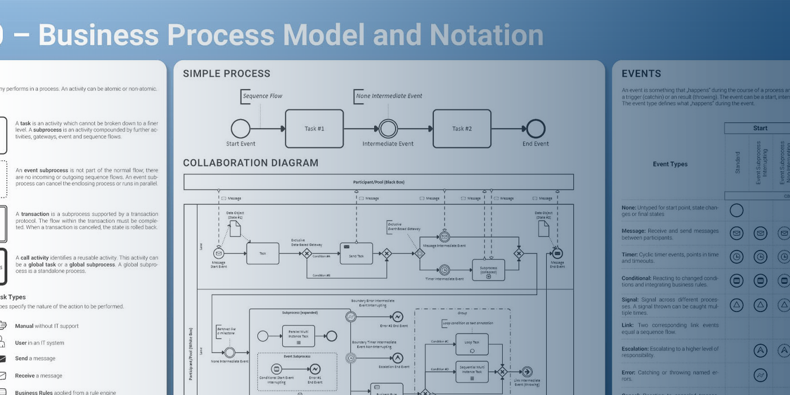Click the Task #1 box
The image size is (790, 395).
[314, 129]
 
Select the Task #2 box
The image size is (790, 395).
[462, 129]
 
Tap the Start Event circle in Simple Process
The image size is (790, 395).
[240, 129]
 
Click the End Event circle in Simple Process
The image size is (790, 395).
[536, 129]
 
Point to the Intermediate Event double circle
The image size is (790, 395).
[388, 129]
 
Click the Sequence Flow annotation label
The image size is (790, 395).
[262, 96]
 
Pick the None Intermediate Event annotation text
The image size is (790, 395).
[389, 96]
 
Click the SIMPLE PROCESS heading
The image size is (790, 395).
[226, 73]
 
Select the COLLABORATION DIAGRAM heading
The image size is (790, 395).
[251, 163]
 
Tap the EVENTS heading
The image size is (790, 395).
[641, 73]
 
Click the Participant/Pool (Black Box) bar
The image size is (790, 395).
[379, 182]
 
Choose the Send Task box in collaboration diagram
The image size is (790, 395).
[356, 253]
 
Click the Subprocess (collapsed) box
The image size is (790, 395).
[488, 270]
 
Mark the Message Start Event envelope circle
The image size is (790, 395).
[218, 253]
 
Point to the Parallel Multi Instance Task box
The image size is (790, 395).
[298, 336]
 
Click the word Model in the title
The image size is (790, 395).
[324, 35]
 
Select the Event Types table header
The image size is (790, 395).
[670, 164]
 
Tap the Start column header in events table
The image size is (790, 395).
[760, 128]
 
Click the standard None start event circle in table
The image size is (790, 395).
[736, 210]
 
